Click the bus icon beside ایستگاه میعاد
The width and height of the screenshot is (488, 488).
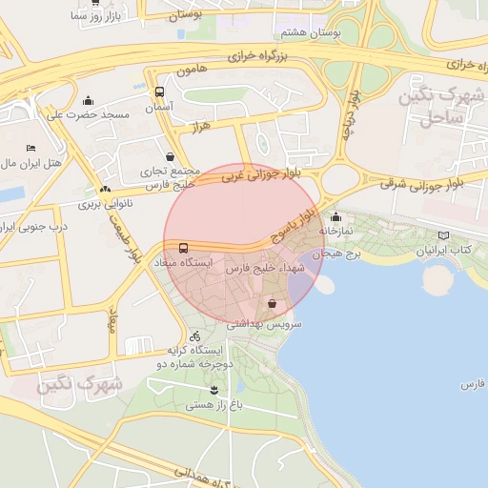tap(183, 247)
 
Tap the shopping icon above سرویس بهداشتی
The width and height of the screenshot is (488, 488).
tap(274, 304)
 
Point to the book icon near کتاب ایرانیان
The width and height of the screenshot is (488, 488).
tap(443, 235)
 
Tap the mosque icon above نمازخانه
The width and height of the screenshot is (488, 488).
tap(335, 216)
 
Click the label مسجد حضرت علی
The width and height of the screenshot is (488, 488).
tap(88, 114)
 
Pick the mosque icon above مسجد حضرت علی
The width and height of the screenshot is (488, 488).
tap(89, 100)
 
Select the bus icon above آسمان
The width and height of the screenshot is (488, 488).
tap(158, 92)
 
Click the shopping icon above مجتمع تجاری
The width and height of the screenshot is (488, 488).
tap(170, 157)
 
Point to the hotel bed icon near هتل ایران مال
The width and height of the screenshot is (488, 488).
tap(30, 148)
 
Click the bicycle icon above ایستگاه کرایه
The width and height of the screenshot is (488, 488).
tap(195, 335)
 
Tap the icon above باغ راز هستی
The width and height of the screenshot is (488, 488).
tap(213, 390)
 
